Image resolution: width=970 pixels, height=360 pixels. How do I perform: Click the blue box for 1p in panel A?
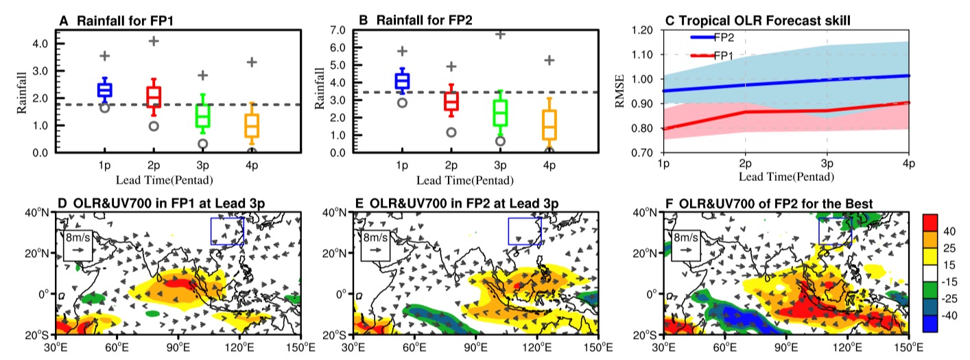click(104, 90)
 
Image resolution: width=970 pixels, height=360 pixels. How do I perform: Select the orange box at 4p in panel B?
click(549, 125)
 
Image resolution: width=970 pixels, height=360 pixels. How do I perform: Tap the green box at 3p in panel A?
click(202, 115)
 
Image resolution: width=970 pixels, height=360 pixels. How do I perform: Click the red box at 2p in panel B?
click(451, 101)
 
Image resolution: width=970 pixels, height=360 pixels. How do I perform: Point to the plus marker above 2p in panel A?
click(154, 41)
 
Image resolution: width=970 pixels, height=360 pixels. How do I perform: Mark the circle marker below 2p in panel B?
click(451, 132)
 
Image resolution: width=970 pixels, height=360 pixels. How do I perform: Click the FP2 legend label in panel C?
click(724, 38)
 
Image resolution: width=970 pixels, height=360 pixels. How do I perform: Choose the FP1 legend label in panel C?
click(724, 56)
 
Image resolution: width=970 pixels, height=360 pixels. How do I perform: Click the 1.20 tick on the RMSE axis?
click(642, 30)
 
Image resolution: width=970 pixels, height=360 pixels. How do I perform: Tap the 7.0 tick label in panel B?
click(338, 30)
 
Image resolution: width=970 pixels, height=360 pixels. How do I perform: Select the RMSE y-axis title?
click(620, 91)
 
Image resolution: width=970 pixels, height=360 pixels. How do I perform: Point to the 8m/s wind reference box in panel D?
click(78, 245)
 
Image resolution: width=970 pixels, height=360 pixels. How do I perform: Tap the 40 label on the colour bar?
click(949, 231)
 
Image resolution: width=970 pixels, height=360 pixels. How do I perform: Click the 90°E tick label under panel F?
click(787, 347)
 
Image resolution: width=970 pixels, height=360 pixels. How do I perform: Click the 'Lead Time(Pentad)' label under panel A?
click(165, 180)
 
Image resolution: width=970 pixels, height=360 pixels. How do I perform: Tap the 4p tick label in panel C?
click(908, 164)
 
